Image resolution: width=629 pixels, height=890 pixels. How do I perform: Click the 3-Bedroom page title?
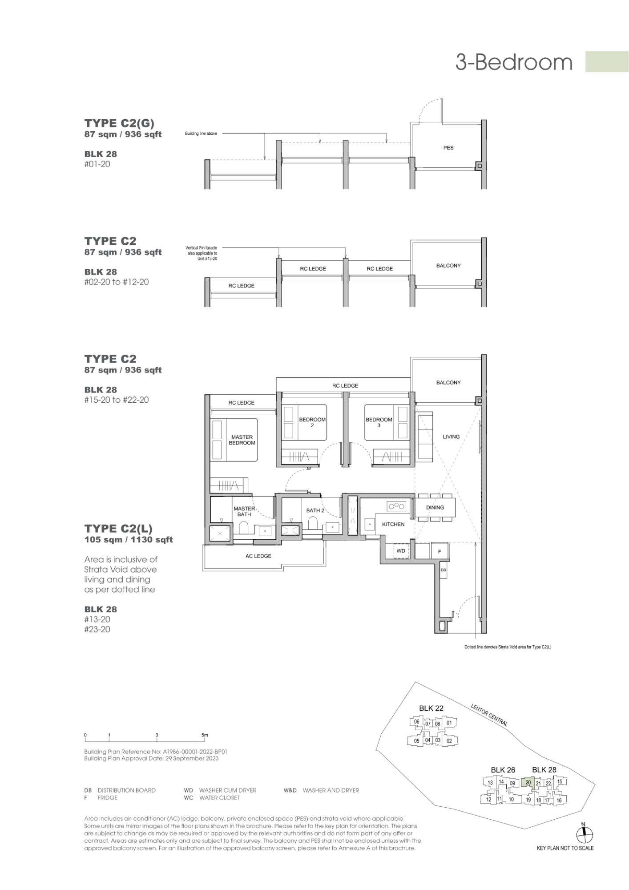pos(514,62)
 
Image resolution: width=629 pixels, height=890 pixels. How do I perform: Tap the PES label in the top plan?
pos(448,148)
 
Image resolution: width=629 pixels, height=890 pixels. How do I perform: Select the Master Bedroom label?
pos(242,440)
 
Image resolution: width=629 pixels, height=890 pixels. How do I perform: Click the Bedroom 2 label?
pos(312,422)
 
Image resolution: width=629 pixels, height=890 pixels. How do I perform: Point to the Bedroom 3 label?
pos(379,422)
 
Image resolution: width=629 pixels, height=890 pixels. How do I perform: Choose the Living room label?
pos(451,437)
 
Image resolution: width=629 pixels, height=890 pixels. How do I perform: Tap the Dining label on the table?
pos(435,507)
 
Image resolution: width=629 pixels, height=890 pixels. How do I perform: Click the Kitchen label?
pos(393,524)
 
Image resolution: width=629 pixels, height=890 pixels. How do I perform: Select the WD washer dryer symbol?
pos(401,551)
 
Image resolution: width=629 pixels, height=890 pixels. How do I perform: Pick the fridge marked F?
pos(439,551)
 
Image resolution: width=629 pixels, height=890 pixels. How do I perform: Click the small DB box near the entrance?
pos(443,570)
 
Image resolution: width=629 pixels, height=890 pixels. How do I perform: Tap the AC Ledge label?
pos(258,556)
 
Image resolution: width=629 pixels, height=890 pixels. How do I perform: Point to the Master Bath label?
pos(244,511)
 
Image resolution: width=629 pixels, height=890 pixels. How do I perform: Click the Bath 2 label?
pos(315,510)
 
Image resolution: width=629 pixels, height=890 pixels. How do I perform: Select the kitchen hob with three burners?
pos(397,506)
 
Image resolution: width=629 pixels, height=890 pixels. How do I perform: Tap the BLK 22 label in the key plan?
pos(431,708)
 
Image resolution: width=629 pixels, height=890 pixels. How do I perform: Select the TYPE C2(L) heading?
pos(118,528)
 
